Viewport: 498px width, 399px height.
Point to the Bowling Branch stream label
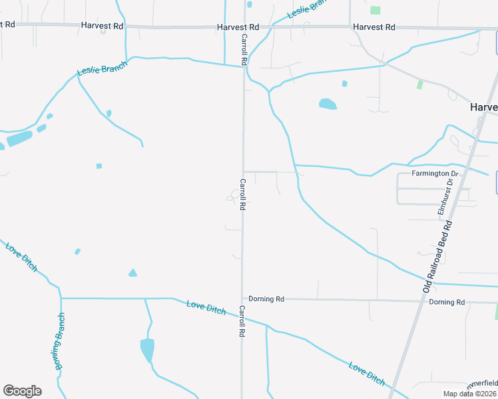click(x=61, y=340)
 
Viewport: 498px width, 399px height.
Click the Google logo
click(x=22, y=391)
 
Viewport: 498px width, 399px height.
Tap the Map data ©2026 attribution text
click(x=470, y=394)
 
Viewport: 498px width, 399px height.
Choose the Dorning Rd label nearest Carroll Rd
click(x=266, y=299)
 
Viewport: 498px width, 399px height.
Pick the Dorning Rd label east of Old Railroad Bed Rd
click(x=447, y=302)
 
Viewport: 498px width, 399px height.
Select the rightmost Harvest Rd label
click(x=374, y=27)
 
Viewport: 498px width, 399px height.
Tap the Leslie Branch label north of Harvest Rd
click(x=308, y=8)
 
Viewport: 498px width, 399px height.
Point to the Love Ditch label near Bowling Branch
click(x=21, y=257)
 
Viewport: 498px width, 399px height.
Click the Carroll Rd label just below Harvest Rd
click(x=244, y=49)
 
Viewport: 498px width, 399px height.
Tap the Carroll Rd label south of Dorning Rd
click(x=242, y=321)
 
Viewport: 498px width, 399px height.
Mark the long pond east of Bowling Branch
click(x=147, y=349)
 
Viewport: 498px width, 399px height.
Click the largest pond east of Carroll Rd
click(x=328, y=104)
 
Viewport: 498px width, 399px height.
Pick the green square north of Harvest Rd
click(x=375, y=10)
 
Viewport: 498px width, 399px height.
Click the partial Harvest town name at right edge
click(x=483, y=107)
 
